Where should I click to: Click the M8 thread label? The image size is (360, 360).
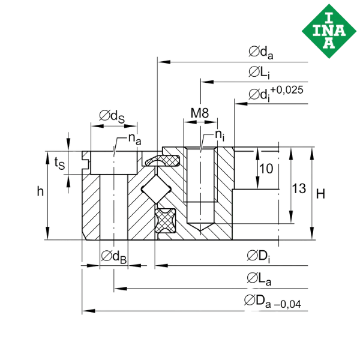click(x=199, y=112)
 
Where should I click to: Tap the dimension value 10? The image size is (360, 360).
click(x=267, y=170)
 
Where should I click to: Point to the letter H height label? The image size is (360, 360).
click(x=321, y=193)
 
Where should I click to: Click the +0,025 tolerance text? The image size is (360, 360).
click(x=287, y=90)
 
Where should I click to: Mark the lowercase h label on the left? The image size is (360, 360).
click(x=40, y=192)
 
